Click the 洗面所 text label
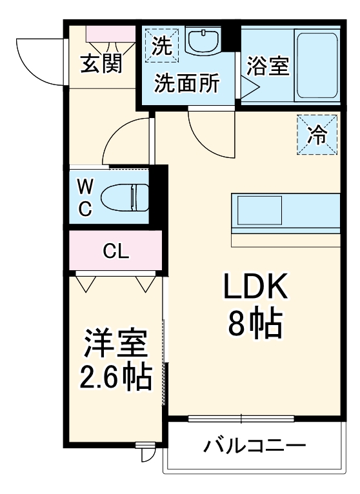187,83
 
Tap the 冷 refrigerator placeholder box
316,135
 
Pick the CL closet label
116,252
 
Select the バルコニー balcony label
255,446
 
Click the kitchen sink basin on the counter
258,210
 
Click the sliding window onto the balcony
242,418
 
